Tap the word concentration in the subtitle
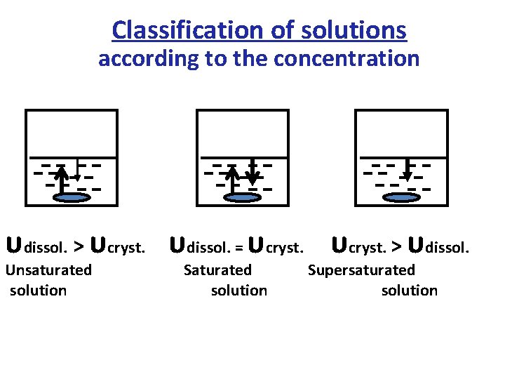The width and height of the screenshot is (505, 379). click(x=346, y=59)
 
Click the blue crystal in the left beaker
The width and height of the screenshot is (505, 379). click(x=72, y=199)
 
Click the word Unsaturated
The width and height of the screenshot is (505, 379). click(x=48, y=270)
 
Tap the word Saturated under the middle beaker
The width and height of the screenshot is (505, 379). click(x=217, y=270)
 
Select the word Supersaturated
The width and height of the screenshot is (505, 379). click(x=361, y=270)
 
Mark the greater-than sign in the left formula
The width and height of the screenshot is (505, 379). click(x=79, y=246)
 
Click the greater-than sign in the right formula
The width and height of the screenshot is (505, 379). click(x=396, y=246)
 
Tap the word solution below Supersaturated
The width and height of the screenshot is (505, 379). click(x=409, y=291)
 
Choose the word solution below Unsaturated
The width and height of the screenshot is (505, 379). click(x=39, y=291)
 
